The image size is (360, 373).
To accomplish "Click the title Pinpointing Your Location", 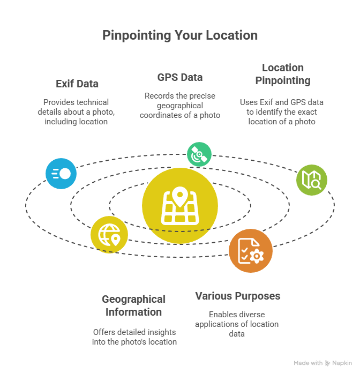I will pos(180,35).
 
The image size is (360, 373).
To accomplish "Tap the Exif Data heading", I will pos(77,84).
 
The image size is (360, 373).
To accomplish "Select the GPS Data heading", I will pos(180,77).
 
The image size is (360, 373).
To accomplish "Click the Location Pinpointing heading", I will pos(282,74).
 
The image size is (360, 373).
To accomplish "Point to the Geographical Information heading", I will pos(133,305).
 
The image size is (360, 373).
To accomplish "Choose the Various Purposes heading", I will pos(237,296).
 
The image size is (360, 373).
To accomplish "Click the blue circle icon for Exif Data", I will pos(61,174).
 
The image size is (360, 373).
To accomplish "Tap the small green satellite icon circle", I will pos(199,154).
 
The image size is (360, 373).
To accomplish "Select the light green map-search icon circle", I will pos(311,180).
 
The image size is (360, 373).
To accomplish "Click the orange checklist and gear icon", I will pos(250,250).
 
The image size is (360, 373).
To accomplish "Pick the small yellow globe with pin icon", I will pos(109,234).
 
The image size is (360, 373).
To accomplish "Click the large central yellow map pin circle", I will pos(180,205).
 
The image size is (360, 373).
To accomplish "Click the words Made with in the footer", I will pos(307,363).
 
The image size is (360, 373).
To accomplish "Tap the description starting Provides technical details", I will pos(76,111).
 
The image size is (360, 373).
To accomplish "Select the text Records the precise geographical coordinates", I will pos(180,105).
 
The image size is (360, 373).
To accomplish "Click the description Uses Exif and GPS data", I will pos(282,111).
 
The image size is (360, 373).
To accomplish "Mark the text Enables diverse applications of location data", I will pos(236,324).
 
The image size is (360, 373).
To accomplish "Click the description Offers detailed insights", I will pos(135,337).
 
